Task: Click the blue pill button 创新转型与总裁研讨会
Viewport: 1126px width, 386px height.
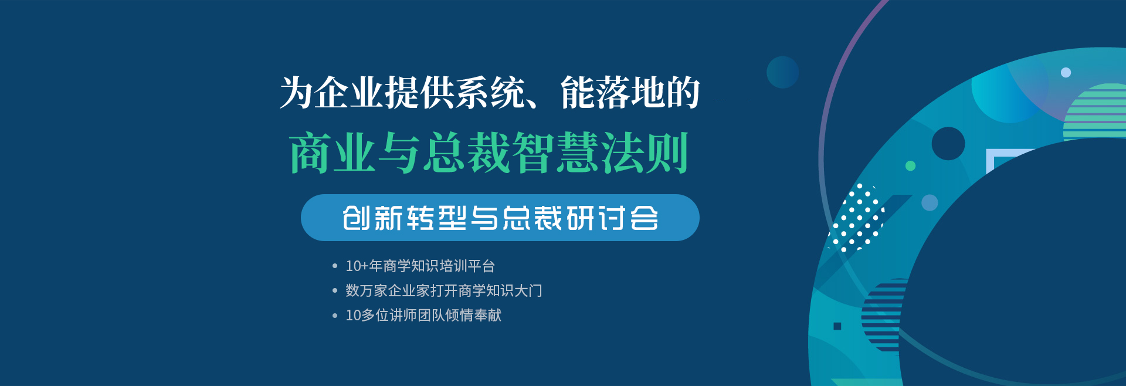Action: [x=500, y=218]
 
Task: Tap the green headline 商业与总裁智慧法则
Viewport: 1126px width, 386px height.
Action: [x=489, y=153]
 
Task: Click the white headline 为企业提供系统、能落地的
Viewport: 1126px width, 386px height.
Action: [x=490, y=93]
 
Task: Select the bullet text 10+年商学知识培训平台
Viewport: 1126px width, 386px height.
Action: [x=420, y=266]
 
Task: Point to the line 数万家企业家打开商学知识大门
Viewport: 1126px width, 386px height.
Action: [x=443, y=291]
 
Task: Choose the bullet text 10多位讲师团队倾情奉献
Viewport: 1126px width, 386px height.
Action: [x=423, y=316]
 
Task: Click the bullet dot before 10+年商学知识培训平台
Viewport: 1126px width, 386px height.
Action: [x=335, y=266]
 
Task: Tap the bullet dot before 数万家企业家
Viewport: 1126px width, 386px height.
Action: [x=335, y=291]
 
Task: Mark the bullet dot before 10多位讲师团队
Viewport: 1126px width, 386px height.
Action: [x=335, y=316]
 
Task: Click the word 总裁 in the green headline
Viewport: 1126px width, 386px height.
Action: [x=466, y=153]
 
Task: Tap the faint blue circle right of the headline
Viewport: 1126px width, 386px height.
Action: [x=782, y=72]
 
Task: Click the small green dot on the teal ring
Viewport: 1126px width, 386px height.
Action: [x=910, y=166]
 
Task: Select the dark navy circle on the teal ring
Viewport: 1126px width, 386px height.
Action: [x=948, y=144]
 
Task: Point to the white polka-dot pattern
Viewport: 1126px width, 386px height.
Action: [x=856, y=218]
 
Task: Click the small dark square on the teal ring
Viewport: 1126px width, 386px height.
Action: [x=837, y=326]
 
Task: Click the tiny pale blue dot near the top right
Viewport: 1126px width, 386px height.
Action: [x=1066, y=73]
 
